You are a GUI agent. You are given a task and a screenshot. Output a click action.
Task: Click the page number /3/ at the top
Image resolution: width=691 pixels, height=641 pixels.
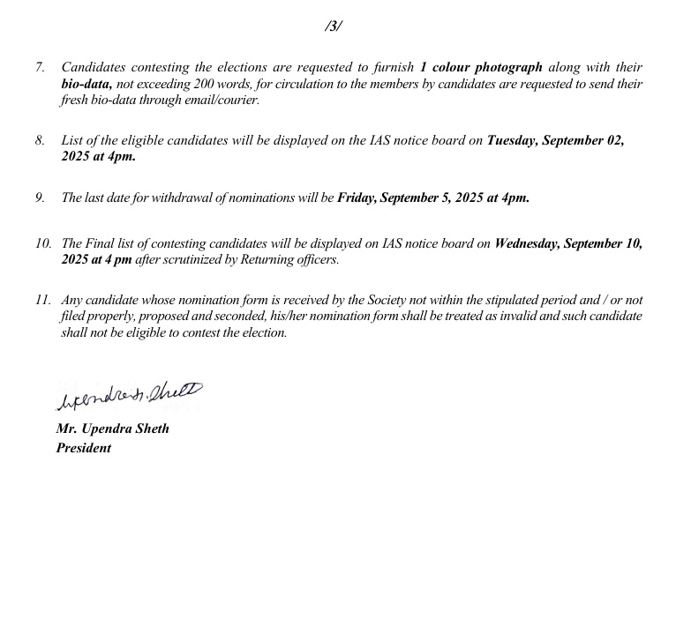click(333, 26)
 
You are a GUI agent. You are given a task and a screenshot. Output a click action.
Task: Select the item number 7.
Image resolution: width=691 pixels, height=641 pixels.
click(40, 68)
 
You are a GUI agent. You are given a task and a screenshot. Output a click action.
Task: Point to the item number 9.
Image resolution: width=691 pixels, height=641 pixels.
click(40, 198)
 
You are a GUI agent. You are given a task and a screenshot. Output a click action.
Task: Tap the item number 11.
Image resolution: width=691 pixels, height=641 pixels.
click(42, 301)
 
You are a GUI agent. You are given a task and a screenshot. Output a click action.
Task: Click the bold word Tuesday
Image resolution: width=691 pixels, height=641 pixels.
click(516, 141)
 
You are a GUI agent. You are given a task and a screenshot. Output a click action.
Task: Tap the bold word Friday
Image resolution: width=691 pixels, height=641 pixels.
click(356, 198)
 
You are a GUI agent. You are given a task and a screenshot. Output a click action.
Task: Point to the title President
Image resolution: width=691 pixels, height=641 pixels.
click(84, 448)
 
